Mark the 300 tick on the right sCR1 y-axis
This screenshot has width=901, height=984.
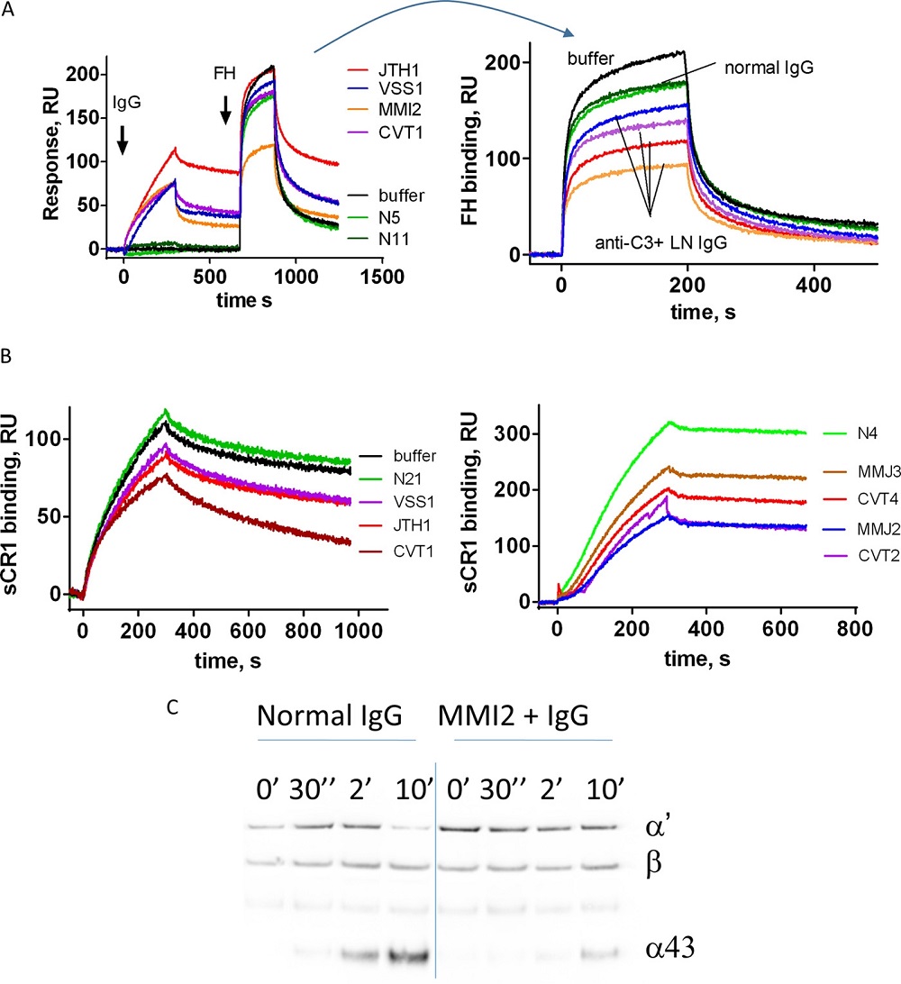point(516,433)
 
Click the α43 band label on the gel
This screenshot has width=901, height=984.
point(671,945)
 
